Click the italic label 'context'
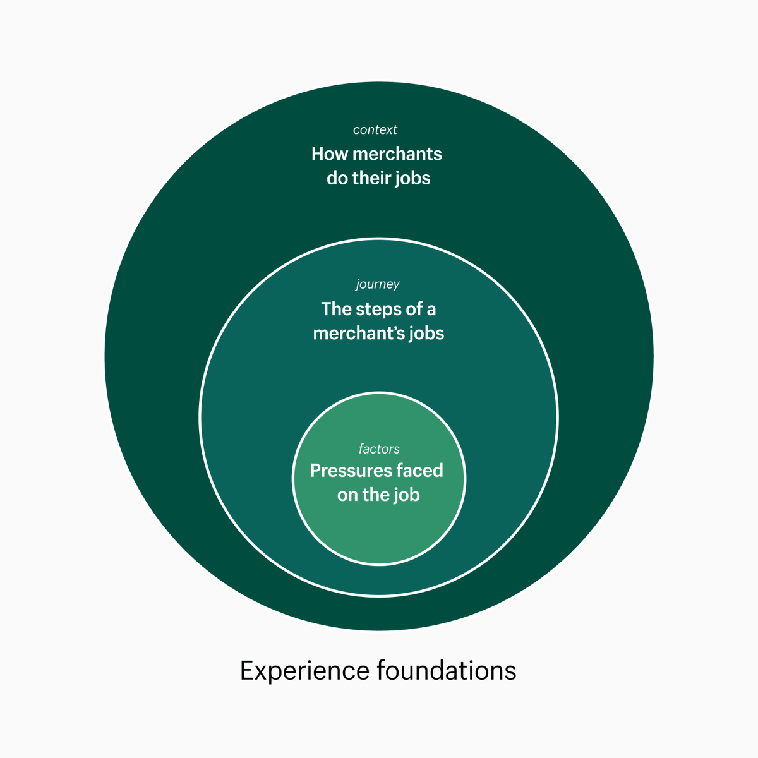[375, 129]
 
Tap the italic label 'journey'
[378, 284]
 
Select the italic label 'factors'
[379, 449]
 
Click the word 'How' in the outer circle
[330, 154]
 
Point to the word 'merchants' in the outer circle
[397, 154]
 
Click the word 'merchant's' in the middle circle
[358, 334]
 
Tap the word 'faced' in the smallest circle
[419, 471]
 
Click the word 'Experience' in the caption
[305, 671]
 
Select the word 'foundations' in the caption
[447, 670]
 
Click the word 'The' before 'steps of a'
[335, 310]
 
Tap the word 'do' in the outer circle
[337, 178]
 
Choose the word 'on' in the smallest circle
[347, 496]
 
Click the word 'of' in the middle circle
[414, 310]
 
